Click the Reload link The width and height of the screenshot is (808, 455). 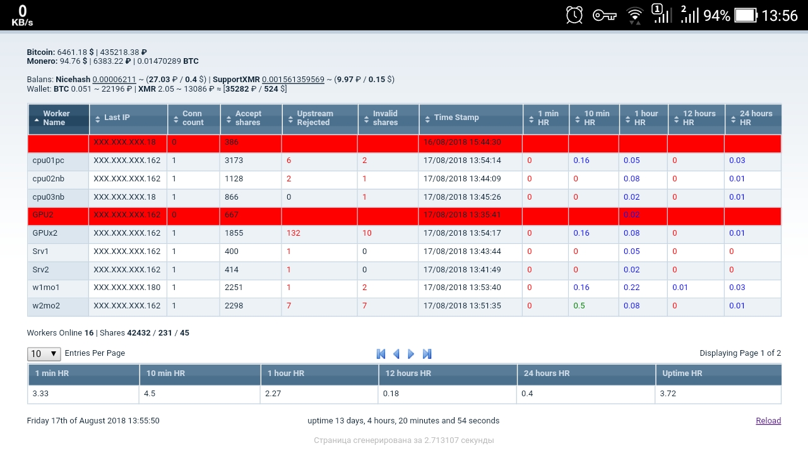coord(768,421)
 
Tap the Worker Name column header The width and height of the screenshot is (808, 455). coord(57,118)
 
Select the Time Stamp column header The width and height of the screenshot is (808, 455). coord(456,118)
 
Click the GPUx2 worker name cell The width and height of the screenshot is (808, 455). coord(45,233)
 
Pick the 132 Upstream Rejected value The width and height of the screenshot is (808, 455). coord(294,233)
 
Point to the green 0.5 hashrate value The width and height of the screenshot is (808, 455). coord(579,306)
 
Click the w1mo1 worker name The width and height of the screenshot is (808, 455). coord(46,288)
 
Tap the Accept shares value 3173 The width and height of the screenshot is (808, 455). coord(234,161)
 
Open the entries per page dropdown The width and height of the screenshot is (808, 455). coord(44,354)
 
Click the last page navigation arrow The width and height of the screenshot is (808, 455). coord(427,354)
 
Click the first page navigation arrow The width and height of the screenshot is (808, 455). coord(381,354)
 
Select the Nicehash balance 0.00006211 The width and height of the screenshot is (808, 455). coord(114,80)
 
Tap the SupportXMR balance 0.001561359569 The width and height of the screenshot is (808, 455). coord(293,80)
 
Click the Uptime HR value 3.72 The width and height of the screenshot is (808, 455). coord(668,394)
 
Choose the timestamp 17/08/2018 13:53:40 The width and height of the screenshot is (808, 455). coord(462,288)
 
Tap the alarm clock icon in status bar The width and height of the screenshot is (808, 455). coord(574,15)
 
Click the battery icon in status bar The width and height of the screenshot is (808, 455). coord(746,15)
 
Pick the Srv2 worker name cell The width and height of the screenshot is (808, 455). coord(40,270)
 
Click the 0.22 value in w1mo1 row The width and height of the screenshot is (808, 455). coord(631,288)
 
